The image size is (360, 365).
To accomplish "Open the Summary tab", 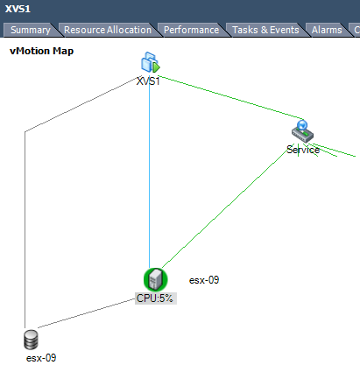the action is (x=31, y=30).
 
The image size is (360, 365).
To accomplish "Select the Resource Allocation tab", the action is (x=108, y=30).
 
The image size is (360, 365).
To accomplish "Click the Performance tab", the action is (x=191, y=30).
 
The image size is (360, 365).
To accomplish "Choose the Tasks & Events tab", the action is (x=265, y=30).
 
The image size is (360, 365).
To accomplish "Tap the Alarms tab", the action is (x=327, y=30).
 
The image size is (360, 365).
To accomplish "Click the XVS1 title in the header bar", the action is (x=18, y=9).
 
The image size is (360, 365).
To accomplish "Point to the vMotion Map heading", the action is (x=41, y=51).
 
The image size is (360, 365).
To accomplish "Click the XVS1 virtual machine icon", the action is (x=151, y=62).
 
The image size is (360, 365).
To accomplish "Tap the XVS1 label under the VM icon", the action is (x=148, y=81).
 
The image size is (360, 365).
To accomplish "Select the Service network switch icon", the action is (x=302, y=131).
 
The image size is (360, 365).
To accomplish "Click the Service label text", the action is (x=303, y=150).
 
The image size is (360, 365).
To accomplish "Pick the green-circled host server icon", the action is (x=156, y=279).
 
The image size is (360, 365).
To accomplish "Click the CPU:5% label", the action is (x=155, y=298).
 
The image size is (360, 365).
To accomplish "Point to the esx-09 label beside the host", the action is (x=204, y=280).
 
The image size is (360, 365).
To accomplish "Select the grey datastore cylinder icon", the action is (x=31, y=340).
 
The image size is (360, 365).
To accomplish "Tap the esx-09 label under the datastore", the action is (x=41, y=358).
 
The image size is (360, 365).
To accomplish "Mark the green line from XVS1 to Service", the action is (x=230, y=97).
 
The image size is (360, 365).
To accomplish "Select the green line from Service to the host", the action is (x=225, y=208).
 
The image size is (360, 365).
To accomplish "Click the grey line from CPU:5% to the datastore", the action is (x=87, y=313).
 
